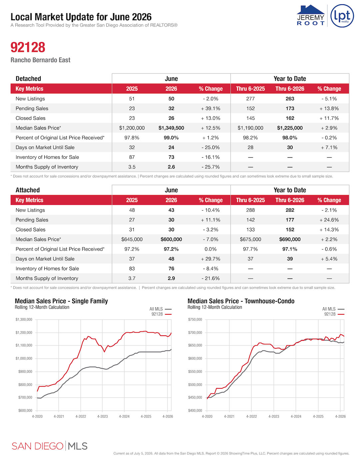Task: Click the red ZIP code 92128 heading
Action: coord(28,47)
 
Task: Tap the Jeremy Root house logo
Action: coord(310,15)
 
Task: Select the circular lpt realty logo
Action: coord(342,16)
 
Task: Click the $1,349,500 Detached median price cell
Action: coord(171,128)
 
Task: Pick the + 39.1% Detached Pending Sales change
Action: coord(211,109)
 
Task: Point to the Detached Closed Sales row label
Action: coord(30,118)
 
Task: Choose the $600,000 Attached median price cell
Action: coord(171,239)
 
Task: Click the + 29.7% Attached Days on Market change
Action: coord(211,259)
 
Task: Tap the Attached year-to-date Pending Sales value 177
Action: coord(290,220)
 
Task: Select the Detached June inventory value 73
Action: coord(171,157)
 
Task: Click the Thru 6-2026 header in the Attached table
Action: coord(290,200)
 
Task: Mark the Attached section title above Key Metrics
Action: coord(28,190)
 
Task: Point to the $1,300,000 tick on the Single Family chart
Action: coord(24,320)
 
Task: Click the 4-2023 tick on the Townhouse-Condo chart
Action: coord(274,416)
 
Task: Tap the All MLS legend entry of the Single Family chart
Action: coord(160,309)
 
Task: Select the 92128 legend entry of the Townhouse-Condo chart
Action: coord(334,314)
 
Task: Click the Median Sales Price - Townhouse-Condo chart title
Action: coord(241,301)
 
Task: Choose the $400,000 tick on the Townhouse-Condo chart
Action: coord(195,411)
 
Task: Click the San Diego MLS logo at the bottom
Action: coord(50,446)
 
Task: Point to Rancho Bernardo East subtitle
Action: coord(41,60)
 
